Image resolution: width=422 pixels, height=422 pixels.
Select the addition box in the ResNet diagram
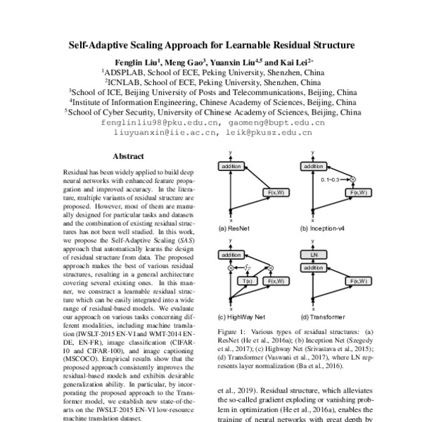tap(231, 166)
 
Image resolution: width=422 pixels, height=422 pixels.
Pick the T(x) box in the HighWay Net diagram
tap(248, 281)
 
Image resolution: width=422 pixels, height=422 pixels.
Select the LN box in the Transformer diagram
tap(313, 254)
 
